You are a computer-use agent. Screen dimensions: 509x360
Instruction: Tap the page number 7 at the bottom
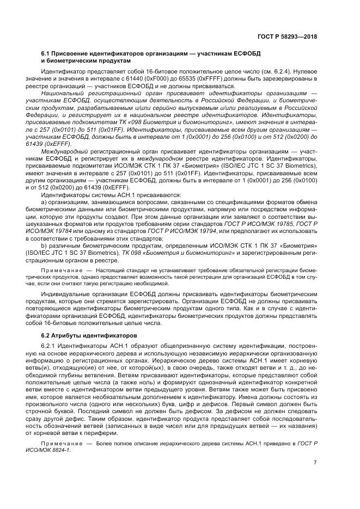click(x=315, y=462)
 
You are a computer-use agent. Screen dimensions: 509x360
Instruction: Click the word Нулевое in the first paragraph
click(x=302, y=71)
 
